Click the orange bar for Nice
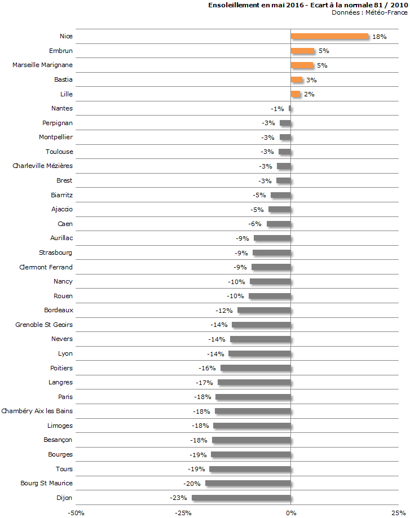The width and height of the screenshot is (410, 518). click(329, 36)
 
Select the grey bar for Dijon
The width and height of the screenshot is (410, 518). click(241, 498)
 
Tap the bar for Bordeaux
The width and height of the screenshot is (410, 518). click(264, 310)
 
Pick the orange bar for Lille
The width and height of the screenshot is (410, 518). click(296, 94)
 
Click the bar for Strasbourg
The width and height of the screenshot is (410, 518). click(271, 253)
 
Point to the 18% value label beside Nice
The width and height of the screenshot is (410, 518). click(379, 37)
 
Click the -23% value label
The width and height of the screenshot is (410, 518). click(178, 498)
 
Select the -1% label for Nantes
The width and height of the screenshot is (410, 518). click(277, 109)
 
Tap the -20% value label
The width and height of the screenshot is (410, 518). click(192, 484)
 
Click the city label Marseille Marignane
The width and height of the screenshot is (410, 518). click(42, 65)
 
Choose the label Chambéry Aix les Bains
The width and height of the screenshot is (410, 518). click(37, 411)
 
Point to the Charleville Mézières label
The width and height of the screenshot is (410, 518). click(42, 166)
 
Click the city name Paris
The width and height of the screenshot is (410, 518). click(65, 397)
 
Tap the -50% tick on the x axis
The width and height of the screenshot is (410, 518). click(76, 512)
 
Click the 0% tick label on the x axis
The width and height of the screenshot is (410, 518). click(290, 512)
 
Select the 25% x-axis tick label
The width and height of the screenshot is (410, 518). click(398, 512)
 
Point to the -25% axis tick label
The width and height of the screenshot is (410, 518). click(183, 512)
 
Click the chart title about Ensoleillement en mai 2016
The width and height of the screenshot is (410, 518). click(307, 5)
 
